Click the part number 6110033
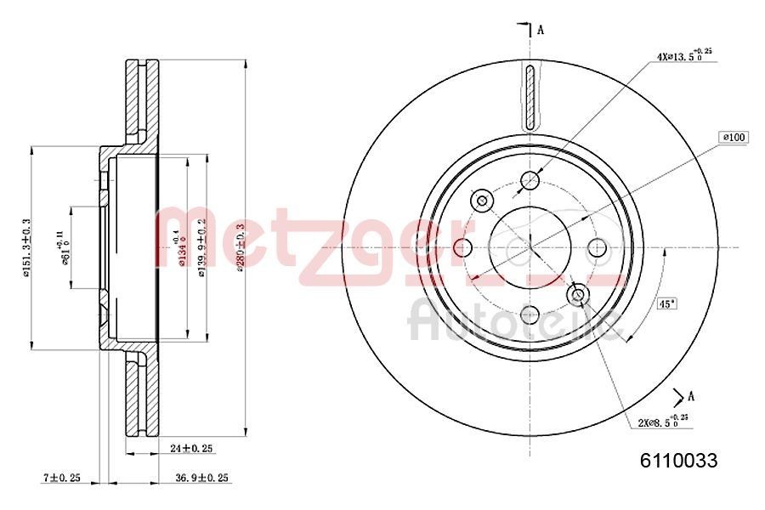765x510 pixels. (x=678, y=462)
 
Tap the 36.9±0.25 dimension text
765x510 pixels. (x=203, y=478)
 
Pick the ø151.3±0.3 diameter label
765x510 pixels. (x=26, y=247)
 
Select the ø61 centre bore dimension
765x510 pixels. (x=64, y=247)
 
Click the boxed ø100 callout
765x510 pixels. (x=733, y=137)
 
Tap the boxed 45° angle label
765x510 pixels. (x=667, y=303)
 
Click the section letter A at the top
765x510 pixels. (x=541, y=30)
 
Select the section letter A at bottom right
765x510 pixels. (x=691, y=395)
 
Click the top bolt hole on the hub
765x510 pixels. (x=530, y=180)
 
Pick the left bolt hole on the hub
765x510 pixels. (x=463, y=247)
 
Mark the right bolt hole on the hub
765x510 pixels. (x=598, y=247)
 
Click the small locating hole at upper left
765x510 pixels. (x=483, y=201)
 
